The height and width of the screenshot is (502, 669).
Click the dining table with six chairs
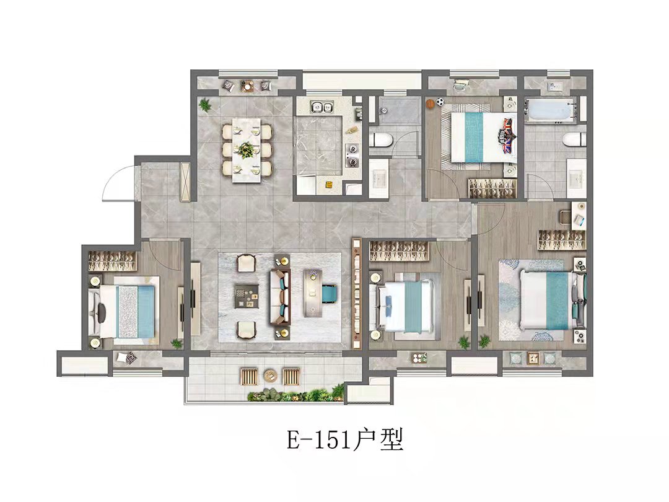coord(247,149)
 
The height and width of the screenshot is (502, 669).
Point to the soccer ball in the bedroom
coord(440,102)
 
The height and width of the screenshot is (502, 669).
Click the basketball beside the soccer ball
coord(430,103)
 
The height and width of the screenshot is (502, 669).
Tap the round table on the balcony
coord(271,376)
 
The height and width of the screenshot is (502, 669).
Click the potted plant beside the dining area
coord(205,103)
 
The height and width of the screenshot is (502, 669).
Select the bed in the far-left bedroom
coord(124,312)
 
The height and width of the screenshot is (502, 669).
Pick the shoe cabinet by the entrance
coord(186,182)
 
